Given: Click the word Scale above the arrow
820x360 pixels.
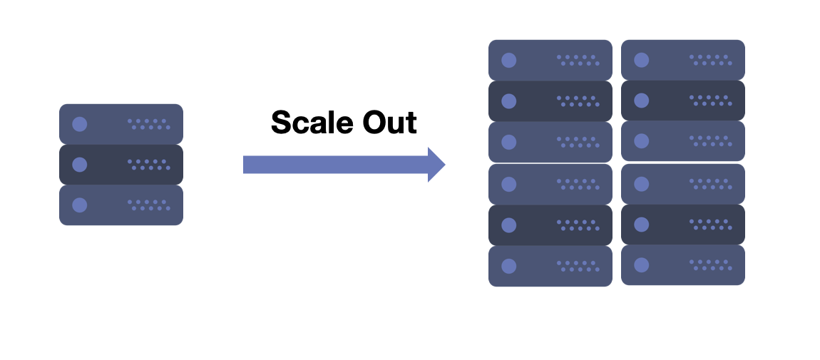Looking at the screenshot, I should coord(312,123).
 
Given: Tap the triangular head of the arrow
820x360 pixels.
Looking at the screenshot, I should coord(436,165).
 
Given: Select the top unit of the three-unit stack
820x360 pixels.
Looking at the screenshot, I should coord(121,124).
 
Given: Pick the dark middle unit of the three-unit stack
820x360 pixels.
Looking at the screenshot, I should coord(121,165).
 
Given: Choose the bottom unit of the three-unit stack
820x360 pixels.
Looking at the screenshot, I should coord(121,205).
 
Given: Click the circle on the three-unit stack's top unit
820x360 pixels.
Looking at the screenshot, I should coord(80,124).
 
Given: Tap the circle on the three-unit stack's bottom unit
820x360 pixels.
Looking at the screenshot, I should coord(80,205).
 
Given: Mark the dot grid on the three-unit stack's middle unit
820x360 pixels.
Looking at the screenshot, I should coord(149,165).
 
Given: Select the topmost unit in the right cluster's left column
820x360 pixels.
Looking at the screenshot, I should coord(550,60).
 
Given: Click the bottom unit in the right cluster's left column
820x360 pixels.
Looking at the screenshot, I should coord(550,266).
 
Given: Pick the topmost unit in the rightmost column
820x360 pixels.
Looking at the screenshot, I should coord(683,60).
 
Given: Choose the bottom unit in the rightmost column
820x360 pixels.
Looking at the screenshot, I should coord(683,265).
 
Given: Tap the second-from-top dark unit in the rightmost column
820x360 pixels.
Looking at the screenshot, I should coord(683,101).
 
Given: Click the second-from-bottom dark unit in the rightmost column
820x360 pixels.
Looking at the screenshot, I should coord(683,225).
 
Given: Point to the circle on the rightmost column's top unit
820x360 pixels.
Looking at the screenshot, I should coord(642,60).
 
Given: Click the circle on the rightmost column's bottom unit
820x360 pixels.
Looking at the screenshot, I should coord(642,265).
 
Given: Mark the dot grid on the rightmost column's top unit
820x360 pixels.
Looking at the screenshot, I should coord(710,60).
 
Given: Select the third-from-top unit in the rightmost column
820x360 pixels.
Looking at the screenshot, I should coord(683,141).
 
